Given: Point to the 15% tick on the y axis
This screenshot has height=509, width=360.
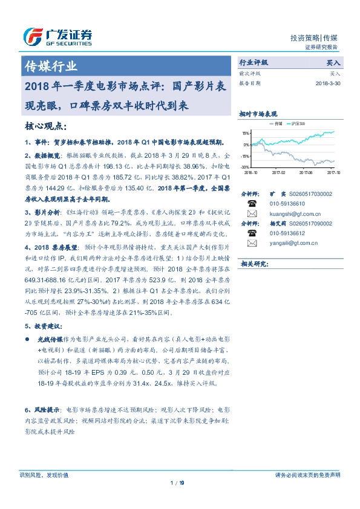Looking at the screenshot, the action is click(245, 133).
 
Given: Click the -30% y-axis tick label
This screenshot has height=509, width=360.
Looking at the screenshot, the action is click(245, 166).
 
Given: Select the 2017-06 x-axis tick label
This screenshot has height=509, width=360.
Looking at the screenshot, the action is click(309, 172).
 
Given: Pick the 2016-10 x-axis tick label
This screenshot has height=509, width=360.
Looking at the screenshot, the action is click(252, 172).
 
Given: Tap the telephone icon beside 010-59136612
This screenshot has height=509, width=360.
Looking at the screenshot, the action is click(252, 233).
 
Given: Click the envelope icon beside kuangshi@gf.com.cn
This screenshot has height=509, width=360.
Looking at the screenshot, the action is click(252, 213).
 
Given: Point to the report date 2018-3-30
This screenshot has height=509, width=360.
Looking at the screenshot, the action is click(328, 84).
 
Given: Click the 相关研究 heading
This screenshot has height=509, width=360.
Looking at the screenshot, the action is click(254, 264).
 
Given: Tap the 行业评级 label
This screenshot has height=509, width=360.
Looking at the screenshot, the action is click(254, 62).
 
